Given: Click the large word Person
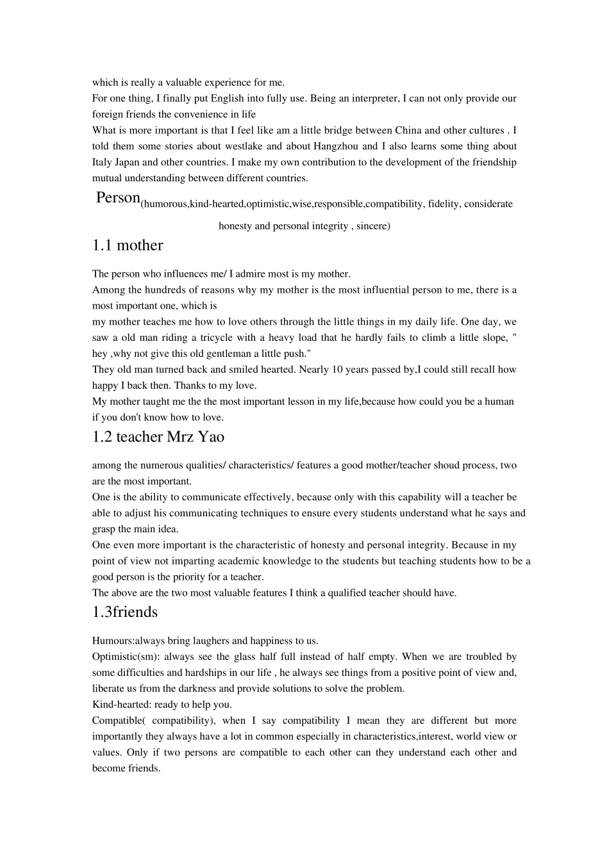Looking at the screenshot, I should tap(118, 197).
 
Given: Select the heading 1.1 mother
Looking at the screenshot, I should tap(128, 245).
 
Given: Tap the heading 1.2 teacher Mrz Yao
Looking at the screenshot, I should tap(158, 437).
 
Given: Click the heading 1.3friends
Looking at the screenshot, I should tap(124, 612).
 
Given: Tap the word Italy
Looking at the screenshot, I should tap(102, 162).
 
